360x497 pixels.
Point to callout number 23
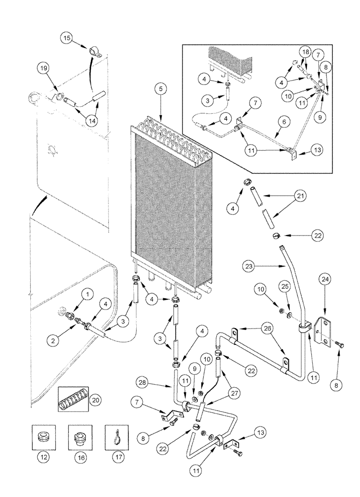point(249,266)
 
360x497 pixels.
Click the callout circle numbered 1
point(87,295)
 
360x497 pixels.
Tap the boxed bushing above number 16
point(81,436)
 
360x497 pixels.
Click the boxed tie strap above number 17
point(117,436)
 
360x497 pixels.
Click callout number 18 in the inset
point(306,52)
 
